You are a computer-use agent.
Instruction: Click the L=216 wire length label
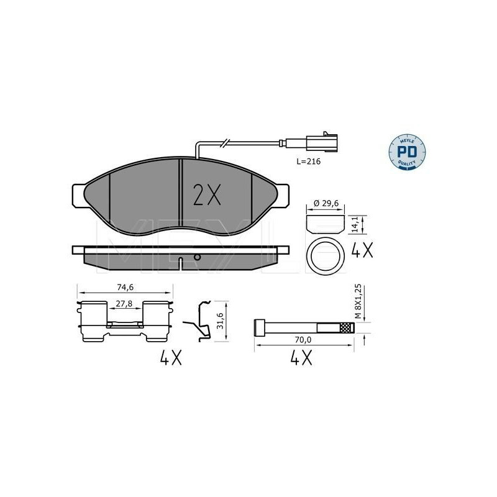pos(308,162)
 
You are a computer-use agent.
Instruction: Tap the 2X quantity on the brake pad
pos(207,195)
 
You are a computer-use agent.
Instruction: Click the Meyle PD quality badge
pos(407,152)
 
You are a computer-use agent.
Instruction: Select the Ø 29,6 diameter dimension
pos(326,204)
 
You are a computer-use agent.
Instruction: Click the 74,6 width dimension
pos(125,287)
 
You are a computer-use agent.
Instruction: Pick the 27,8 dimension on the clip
pos(124,304)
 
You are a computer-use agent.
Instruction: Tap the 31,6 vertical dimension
pos(221,321)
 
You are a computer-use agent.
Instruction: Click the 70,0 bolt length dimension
pos(303,340)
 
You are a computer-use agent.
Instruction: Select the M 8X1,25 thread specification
pos(358,301)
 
